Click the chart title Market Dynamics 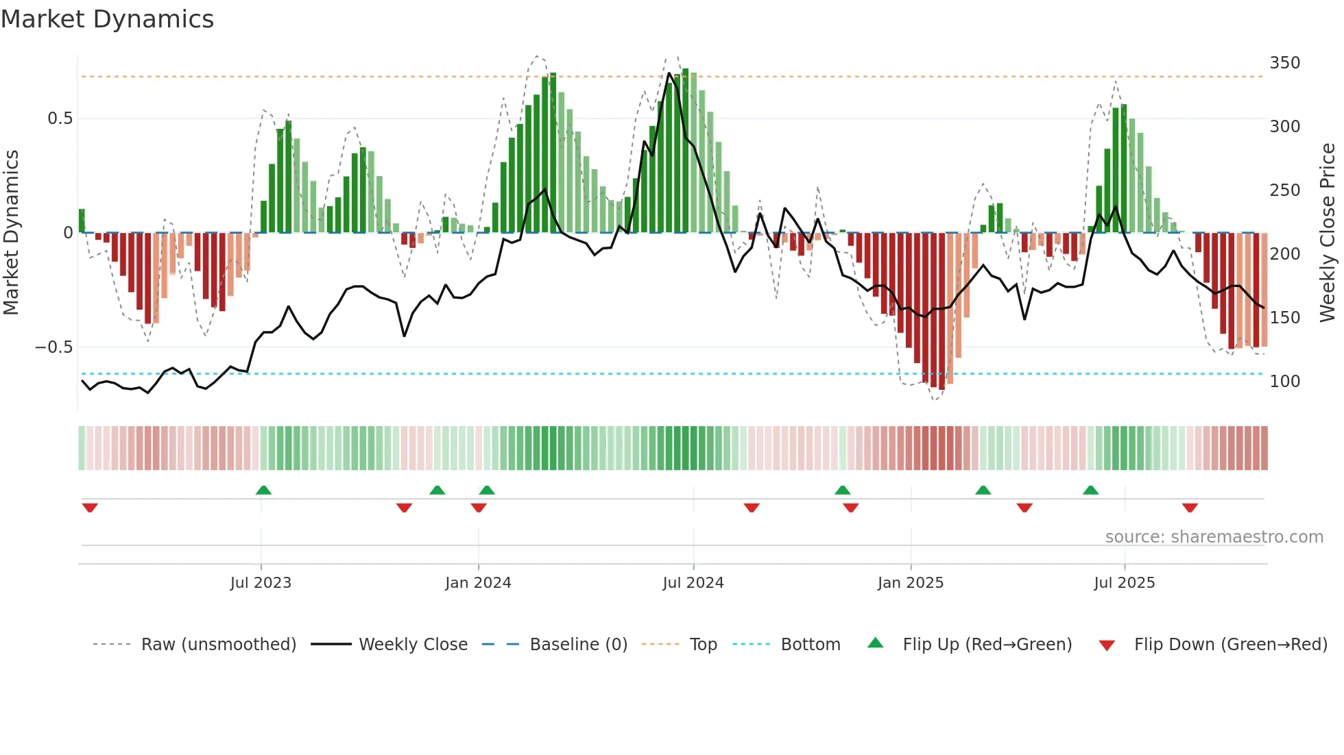[108, 19]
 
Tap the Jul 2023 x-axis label [261, 583]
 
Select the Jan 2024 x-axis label [478, 583]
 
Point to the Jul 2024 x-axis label [693, 583]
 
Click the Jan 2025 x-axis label [911, 583]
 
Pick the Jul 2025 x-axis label [1125, 583]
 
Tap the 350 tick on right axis [1284, 63]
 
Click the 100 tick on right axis [1284, 382]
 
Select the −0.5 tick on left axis [53, 347]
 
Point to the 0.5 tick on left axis [60, 119]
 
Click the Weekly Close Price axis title [1328, 233]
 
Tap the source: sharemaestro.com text [1214, 537]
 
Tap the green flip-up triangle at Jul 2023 [263, 490]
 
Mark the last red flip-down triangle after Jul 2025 [1190, 508]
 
